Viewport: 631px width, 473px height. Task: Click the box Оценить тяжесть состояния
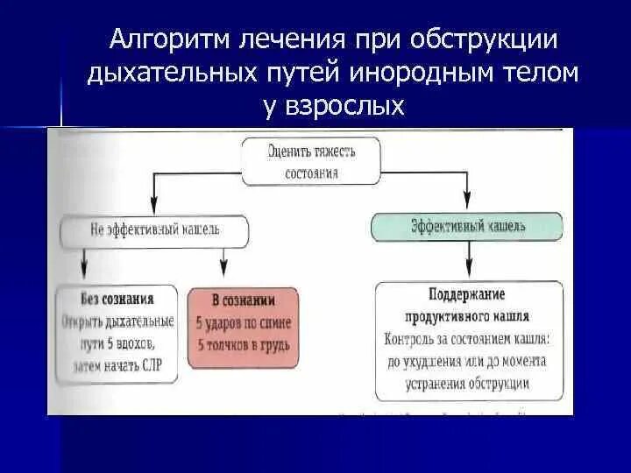tap(310, 161)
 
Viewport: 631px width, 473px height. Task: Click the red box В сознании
tap(244, 325)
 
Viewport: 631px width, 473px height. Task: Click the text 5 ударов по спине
tap(244, 323)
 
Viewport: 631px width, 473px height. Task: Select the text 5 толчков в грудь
tap(244, 346)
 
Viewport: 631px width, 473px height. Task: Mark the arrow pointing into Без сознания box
tap(83, 265)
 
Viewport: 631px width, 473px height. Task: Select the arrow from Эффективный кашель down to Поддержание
tap(469, 260)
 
